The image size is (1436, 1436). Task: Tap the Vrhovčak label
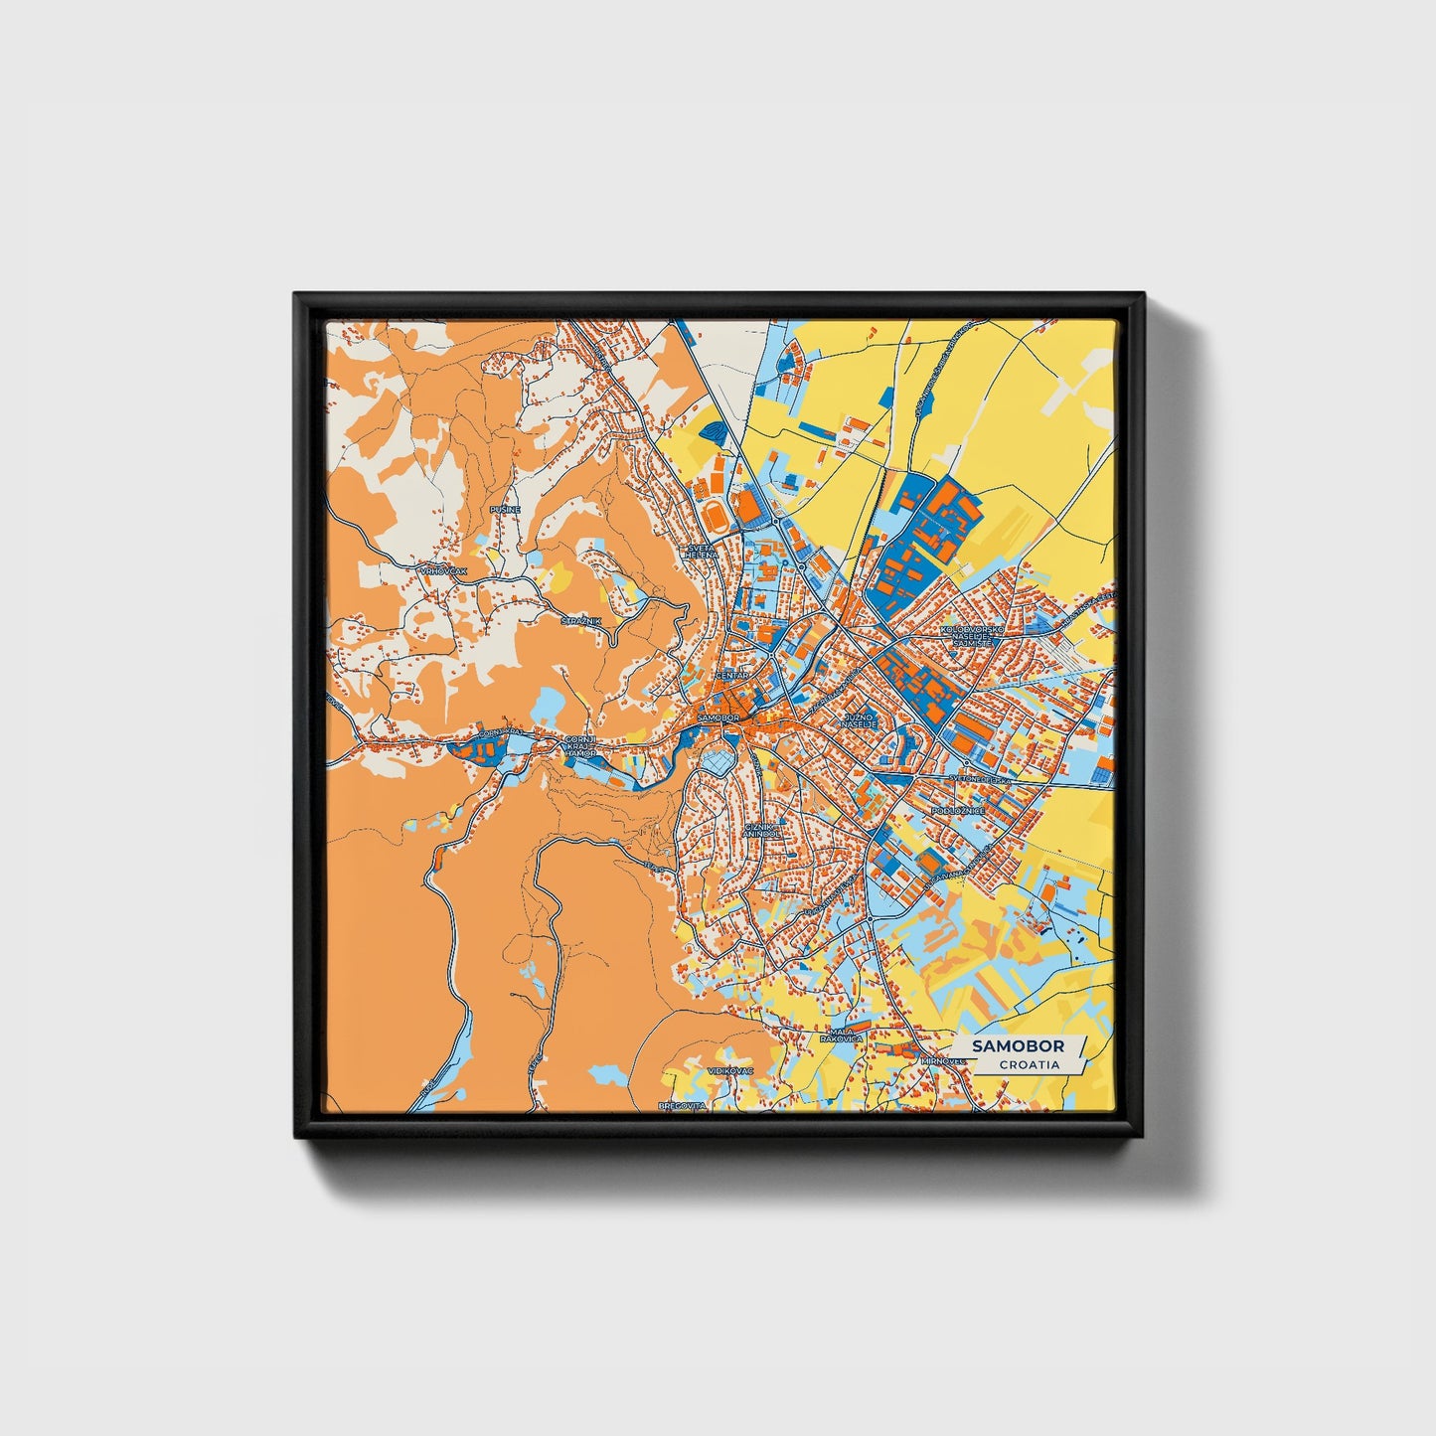click(x=443, y=570)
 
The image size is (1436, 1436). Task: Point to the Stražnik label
click(x=580, y=621)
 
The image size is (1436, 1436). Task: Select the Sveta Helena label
click(x=702, y=551)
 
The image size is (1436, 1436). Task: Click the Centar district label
click(x=732, y=675)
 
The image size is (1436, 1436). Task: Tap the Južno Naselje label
click(x=860, y=719)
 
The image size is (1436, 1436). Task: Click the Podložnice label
click(x=958, y=811)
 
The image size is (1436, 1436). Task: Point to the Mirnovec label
click(x=944, y=1060)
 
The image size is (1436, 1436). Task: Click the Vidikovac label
click(x=730, y=1070)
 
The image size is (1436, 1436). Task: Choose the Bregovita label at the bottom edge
click(x=683, y=1105)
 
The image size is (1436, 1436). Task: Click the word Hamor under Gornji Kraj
click(x=580, y=754)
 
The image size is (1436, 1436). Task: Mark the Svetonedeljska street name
click(x=979, y=780)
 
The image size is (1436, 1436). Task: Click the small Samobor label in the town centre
click(x=718, y=717)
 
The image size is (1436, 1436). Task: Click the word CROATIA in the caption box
click(x=1029, y=1064)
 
